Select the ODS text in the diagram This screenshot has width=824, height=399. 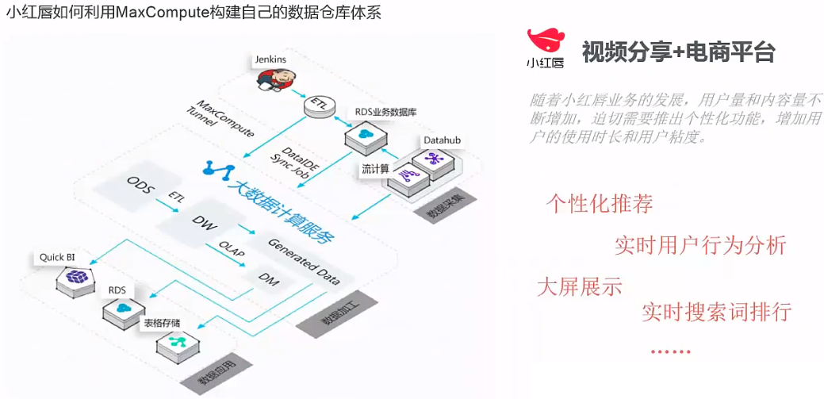139,184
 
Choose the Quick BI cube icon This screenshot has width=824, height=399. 75,277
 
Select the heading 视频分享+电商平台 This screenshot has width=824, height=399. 678,52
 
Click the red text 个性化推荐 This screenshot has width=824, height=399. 599,203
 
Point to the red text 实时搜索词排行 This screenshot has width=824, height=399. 716,311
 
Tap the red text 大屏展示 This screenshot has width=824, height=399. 579,286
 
